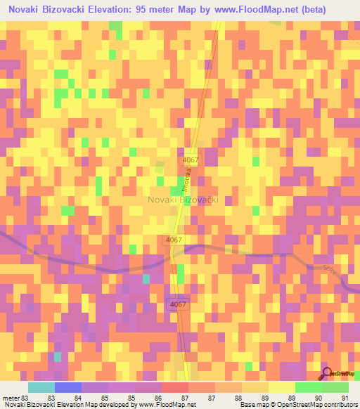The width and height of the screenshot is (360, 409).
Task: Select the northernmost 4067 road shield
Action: [188, 160]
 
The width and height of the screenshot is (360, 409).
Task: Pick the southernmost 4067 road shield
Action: [178, 304]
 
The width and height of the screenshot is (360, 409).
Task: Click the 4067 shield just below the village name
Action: [175, 240]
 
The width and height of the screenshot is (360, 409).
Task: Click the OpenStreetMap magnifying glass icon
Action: [325, 373]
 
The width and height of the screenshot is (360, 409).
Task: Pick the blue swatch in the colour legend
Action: [67, 387]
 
